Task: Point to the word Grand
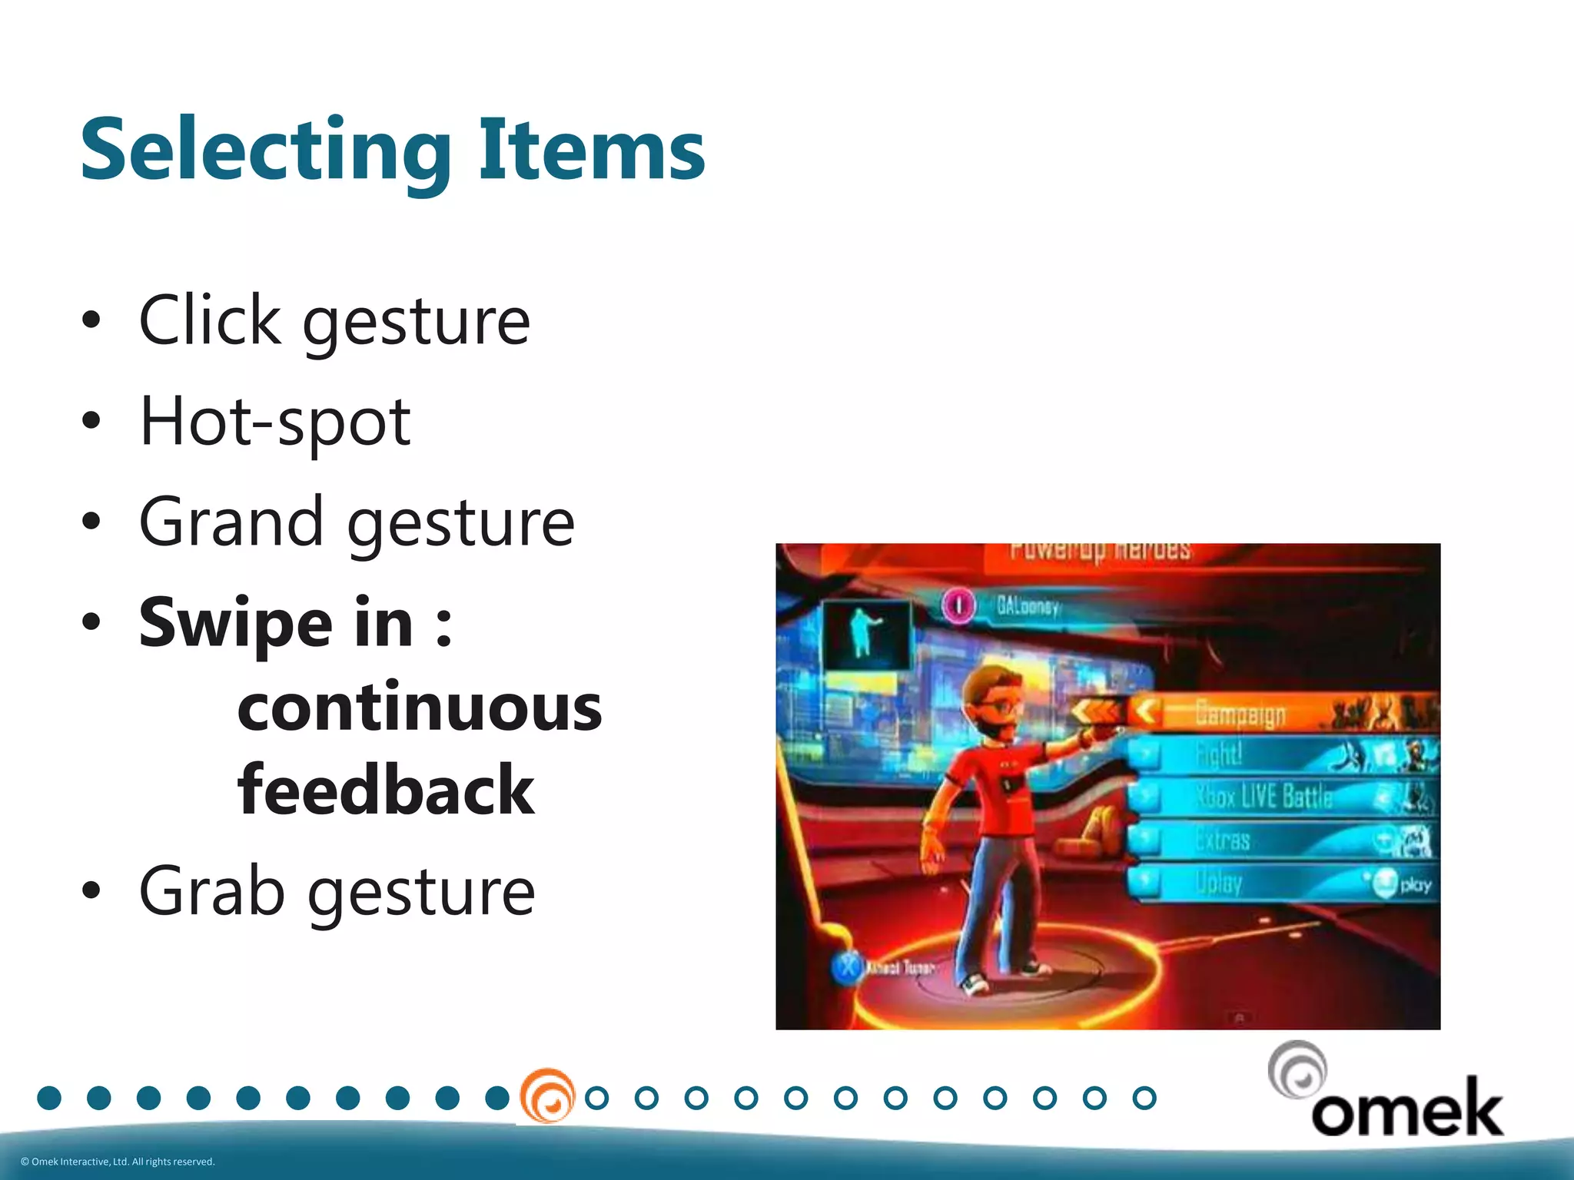coord(231,522)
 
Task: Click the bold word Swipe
coord(237,623)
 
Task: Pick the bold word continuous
coord(420,708)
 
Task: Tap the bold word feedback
coord(386,790)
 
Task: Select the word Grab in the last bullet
coord(211,891)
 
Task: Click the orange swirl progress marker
coord(547,1096)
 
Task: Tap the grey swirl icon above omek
coord(1297,1069)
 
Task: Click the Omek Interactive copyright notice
coord(118,1162)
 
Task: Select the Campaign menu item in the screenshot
coord(1240,714)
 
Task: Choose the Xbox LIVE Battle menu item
coord(1264,797)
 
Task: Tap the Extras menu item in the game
coord(1224,840)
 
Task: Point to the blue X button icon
coord(848,967)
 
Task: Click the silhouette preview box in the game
coord(866,635)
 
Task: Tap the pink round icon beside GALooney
coord(958,605)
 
